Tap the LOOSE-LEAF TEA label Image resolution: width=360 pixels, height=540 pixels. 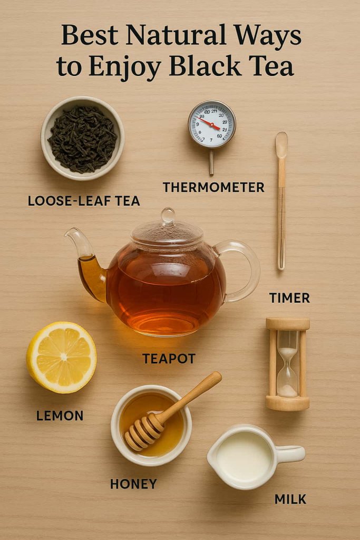(x=84, y=201)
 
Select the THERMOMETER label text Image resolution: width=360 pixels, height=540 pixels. (x=213, y=187)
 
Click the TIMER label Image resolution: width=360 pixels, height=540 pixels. (x=289, y=298)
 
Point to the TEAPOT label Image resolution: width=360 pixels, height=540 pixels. (x=169, y=359)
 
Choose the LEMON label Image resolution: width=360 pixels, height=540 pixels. (x=60, y=416)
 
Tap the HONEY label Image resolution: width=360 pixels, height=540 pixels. (x=134, y=484)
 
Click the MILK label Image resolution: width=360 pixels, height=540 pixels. (x=290, y=499)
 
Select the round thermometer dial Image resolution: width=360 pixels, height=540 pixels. (x=212, y=124)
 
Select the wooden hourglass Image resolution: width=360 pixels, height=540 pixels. (x=287, y=364)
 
